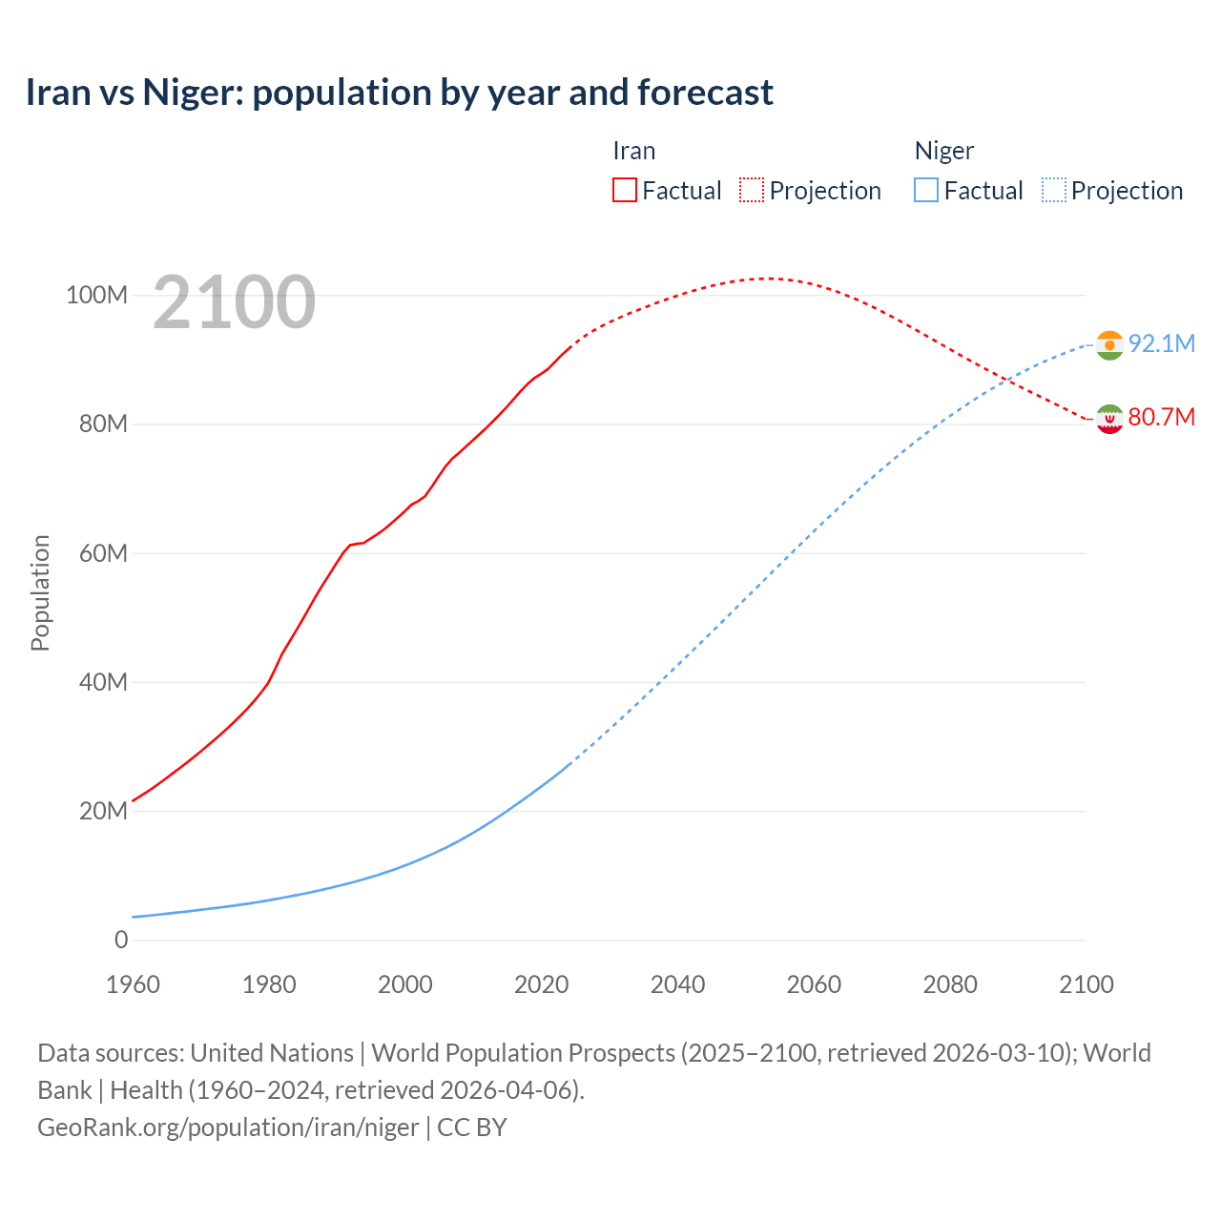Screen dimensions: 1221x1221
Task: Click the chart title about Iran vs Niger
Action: tap(399, 93)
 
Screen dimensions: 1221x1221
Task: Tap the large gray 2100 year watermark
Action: tap(234, 302)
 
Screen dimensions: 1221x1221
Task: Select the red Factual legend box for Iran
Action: tap(625, 190)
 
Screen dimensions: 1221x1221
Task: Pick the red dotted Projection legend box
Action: tap(752, 190)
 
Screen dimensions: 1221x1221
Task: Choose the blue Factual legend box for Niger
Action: tap(926, 190)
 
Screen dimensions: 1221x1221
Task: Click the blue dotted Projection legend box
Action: tap(1053, 190)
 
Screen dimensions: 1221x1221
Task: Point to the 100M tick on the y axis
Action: tap(96, 295)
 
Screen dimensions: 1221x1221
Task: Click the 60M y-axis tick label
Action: tap(102, 553)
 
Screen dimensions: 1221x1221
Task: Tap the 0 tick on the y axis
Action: tap(120, 940)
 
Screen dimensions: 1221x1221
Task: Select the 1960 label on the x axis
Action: tap(133, 984)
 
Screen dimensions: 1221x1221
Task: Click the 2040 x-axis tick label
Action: tap(677, 984)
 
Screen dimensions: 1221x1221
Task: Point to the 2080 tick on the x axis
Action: tap(950, 984)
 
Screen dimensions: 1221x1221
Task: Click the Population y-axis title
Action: tap(40, 592)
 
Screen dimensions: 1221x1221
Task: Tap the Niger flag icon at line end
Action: tap(1109, 344)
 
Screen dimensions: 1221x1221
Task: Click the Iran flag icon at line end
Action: tap(1109, 419)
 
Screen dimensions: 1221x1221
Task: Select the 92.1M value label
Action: tap(1161, 343)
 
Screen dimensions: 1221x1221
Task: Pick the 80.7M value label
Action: tap(1161, 417)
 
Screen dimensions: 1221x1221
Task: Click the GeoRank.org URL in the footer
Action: tap(228, 1127)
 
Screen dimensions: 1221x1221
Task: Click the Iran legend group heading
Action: tap(633, 151)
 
